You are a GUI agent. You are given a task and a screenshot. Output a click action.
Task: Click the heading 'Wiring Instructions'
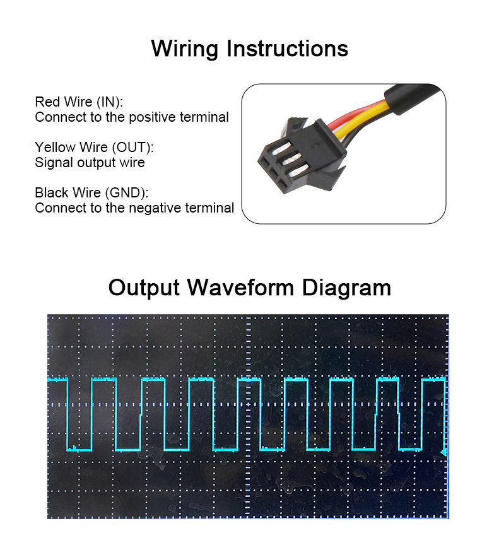[x=249, y=49]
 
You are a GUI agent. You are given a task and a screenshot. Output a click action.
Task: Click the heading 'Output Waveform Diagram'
[x=249, y=288]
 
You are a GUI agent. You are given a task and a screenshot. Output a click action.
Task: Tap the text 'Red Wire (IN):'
[x=79, y=102]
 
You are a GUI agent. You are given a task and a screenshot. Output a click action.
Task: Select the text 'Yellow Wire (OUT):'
[x=94, y=147]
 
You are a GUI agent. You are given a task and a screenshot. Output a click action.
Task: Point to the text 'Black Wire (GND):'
[x=91, y=192]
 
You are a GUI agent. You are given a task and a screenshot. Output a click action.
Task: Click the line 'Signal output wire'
[x=90, y=162]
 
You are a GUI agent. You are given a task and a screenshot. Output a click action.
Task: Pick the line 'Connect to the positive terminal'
[x=132, y=117]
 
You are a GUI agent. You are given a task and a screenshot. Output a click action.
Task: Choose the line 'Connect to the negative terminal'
[x=134, y=208]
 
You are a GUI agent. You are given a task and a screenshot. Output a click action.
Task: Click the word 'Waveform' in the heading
[x=242, y=288]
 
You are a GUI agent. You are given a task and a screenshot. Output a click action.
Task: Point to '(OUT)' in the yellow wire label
[x=132, y=147]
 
